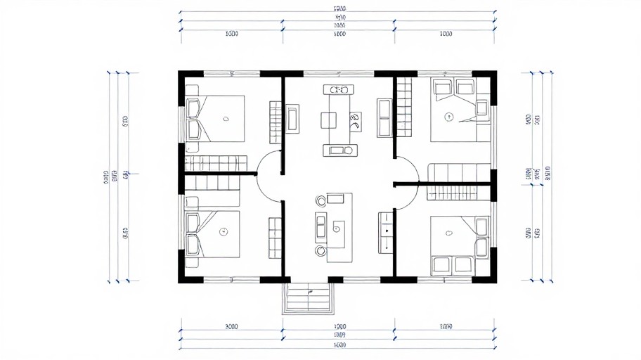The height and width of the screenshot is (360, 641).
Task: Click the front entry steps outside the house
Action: (307, 298)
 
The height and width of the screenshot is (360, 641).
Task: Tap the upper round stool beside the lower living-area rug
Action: (321, 202)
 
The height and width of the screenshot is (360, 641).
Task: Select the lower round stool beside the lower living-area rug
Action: (321, 250)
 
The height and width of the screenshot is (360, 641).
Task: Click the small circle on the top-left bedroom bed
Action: (226, 119)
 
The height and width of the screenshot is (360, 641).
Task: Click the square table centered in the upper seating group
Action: (330, 120)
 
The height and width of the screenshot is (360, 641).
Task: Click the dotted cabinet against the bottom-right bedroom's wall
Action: (386, 233)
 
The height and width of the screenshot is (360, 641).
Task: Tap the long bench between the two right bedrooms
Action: (459, 171)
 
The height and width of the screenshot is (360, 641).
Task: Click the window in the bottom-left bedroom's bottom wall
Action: (232, 279)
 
